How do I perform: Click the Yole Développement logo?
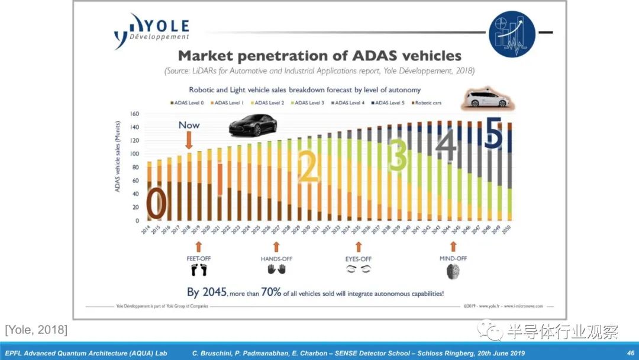click(151, 31)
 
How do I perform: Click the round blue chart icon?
click(512, 34)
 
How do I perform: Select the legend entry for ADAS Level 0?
click(188, 103)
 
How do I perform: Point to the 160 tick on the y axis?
click(134, 114)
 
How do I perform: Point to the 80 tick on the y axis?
click(135, 168)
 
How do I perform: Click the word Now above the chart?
click(189, 125)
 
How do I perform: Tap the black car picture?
click(253, 126)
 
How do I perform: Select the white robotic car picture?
click(487, 98)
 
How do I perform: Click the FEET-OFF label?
click(198, 259)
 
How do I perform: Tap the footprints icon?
click(199, 271)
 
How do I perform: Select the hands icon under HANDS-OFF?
click(276, 269)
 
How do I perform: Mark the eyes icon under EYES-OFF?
click(358, 269)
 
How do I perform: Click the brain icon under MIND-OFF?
click(453, 271)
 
